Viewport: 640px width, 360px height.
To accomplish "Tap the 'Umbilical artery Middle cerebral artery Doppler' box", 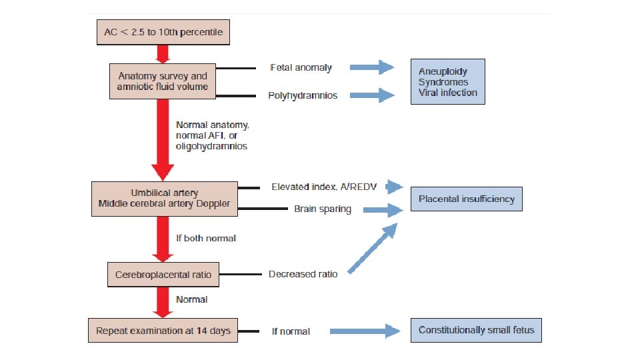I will [x=164, y=199].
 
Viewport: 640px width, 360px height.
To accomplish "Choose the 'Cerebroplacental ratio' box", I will [x=163, y=274].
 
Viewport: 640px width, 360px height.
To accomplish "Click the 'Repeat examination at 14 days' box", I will [x=163, y=331].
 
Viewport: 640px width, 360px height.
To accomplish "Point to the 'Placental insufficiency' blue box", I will [x=467, y=199].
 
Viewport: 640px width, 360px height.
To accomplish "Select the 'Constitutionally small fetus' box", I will [x=476, y=330].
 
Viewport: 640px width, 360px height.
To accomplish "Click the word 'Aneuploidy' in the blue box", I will [x=443, y=71].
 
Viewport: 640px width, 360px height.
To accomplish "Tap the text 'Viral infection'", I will [x=448, y=93].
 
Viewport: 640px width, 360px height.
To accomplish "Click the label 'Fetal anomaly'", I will [x=301, y=67].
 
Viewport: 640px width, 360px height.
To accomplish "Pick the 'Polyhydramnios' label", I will [x=303, y=95].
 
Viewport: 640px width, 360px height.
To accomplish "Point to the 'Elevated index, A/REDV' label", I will [x=324, y=187].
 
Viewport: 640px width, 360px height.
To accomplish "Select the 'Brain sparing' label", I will [x=323, y=209].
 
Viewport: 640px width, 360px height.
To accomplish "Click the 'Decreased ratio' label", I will [x=303, y=274].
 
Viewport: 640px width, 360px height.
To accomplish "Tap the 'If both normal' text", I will [x=206, y=238].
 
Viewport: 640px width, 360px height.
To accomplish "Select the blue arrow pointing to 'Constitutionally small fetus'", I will [x=363, y=330].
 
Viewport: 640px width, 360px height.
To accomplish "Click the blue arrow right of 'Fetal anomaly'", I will [x=373, y=67].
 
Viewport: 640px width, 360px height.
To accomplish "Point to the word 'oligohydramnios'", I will [x=211, y=146].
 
